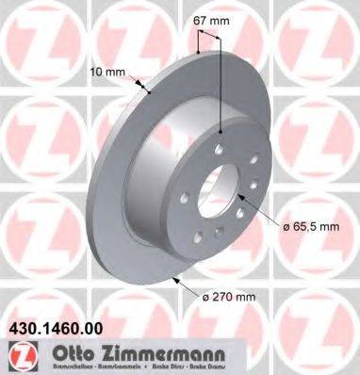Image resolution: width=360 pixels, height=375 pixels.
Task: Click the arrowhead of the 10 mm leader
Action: coord(151,91)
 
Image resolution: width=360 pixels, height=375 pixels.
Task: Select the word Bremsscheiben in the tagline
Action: coord(42,367)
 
